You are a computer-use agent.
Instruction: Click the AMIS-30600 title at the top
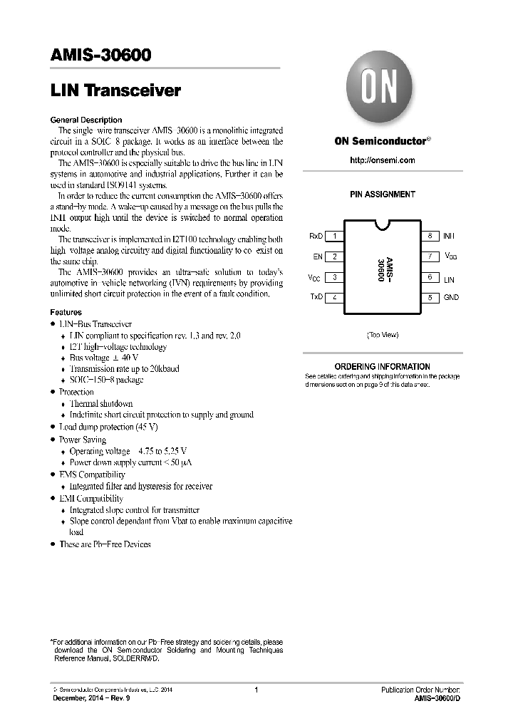(100, 55)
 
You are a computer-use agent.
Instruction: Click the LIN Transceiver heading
(115, 90)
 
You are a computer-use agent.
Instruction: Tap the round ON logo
(382, 90)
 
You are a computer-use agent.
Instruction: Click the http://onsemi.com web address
(382, 160)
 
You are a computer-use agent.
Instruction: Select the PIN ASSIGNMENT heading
(382, 194)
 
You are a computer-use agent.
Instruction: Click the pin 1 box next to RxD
(335, 236)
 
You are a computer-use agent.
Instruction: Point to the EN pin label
(318, 256)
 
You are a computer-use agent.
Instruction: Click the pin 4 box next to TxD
(335, 297)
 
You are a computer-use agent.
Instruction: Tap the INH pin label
(449, 236)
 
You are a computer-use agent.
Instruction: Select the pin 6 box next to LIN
(430, 277)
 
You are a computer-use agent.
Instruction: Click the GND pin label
(451, 297)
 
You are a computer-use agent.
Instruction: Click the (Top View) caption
(383, 334)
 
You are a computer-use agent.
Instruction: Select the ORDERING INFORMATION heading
(382, 366)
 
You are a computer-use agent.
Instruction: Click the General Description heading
(86, 120)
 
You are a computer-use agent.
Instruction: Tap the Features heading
(66, 312)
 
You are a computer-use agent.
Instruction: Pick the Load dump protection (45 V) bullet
(108, 427)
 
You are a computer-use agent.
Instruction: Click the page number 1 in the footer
(256, 690)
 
